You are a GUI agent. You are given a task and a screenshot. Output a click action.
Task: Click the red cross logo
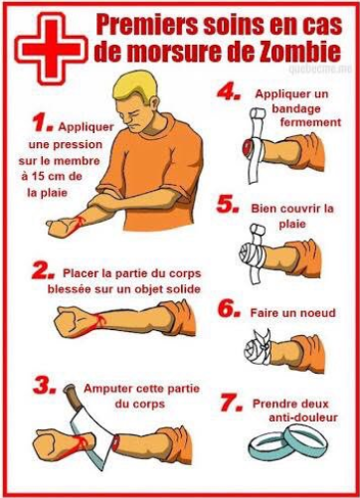coord(52,47)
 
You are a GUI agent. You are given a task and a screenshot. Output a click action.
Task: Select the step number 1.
coord(42,123)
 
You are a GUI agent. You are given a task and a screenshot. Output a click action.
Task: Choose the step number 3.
coord(44,387)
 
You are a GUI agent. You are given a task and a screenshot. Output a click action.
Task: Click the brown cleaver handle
coord(72,397)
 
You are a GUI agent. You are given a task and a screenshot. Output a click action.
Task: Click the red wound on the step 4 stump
coord(247,147)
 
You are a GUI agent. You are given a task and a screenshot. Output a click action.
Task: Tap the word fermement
coord(310,122)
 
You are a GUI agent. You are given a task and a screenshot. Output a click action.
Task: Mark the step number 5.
coord(228,205)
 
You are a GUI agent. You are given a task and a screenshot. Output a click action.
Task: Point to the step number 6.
coord(229,309)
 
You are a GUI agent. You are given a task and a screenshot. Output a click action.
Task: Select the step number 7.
coord(232,404)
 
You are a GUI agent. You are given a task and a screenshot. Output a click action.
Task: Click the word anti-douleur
coord(303,417)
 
